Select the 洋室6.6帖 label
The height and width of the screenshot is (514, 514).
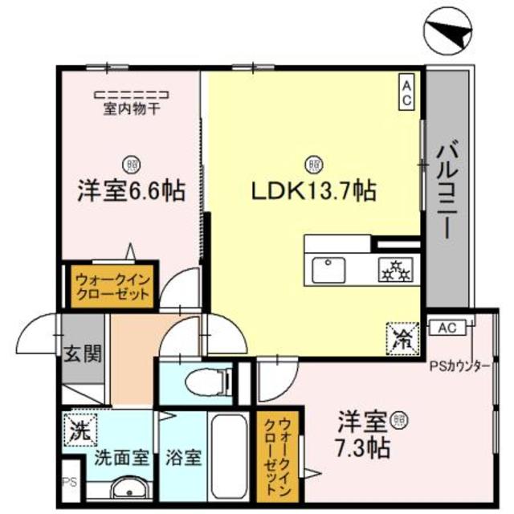(131, 191)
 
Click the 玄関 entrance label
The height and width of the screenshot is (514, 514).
(83, 354)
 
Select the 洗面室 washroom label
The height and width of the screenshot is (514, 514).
(120, 459)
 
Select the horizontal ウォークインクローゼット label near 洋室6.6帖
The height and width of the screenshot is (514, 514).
(112, 287)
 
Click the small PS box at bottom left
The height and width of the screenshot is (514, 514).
(69, 483)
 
